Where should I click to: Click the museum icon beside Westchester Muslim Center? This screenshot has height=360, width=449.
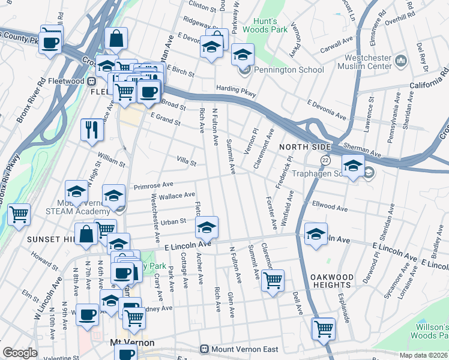[x=401, y=61]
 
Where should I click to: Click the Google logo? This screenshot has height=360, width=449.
[x=20, y=353]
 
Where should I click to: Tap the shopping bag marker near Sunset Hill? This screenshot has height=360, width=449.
[x=86, y=234]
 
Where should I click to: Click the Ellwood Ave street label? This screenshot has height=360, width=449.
[x=330, y=206]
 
